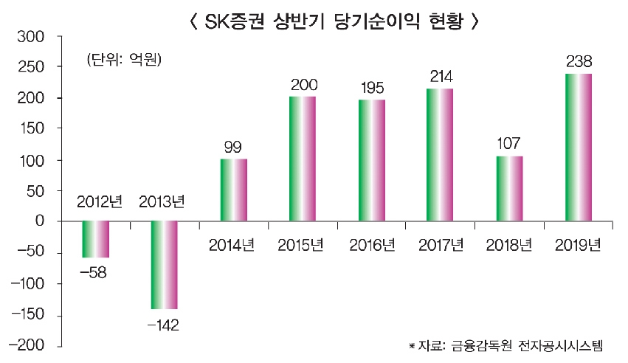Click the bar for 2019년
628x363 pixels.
pos(578,148)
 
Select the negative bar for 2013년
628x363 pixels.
pos(164,265)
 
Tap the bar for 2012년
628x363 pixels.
pos(94,239)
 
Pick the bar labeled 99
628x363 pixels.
pos(233,190)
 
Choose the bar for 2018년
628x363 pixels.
pos(509,188)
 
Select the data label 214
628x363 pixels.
pos(441,76)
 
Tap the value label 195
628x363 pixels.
pos(372,88)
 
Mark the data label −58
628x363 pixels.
pos(94,272)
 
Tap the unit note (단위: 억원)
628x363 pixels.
pos(123,59)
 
